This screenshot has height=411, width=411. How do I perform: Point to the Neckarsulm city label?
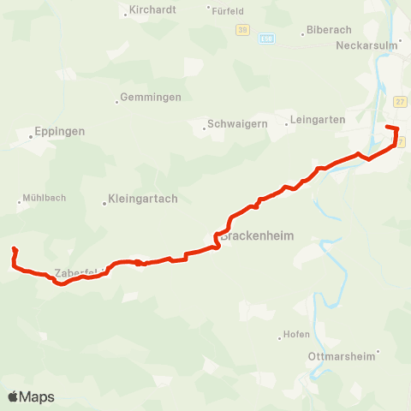[368, 45]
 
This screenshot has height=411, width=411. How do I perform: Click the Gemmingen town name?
[151, 98]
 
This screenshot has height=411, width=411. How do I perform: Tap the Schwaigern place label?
[235, 124]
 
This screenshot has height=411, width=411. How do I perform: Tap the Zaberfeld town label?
[77, 273]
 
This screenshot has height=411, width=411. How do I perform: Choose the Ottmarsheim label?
[342, 355]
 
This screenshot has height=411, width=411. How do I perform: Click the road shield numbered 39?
[242, 30]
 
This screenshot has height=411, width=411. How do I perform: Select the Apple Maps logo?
[31, 396]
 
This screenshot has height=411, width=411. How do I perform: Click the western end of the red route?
[15, 249]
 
